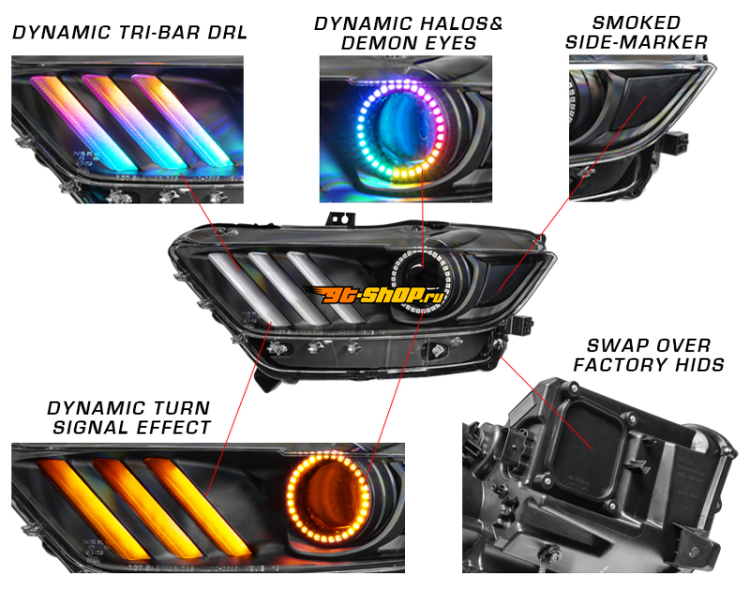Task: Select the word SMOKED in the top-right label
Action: (637, 22)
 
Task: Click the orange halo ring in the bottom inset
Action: (328, 499)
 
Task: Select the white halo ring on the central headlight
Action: (421, 280)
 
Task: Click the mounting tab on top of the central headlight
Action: (341, 219)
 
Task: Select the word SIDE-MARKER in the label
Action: (637, 42)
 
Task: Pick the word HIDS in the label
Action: (698, 365)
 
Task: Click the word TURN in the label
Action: (183, 408)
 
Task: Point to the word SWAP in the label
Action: (610, 346)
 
